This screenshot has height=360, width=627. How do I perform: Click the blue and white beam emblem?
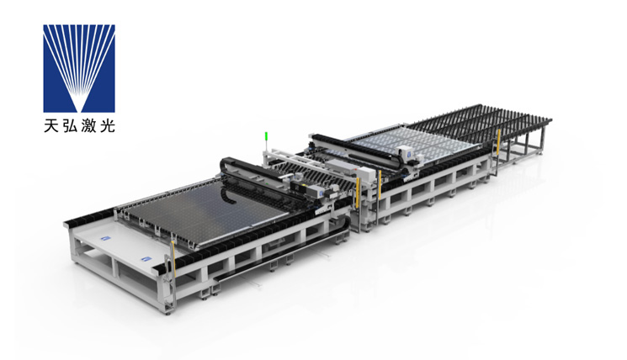click(79, 68)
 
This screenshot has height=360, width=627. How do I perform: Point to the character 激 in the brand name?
click(88, 126)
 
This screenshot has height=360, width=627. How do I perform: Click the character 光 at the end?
click(107, 126)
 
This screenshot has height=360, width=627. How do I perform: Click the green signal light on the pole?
click(265, 136)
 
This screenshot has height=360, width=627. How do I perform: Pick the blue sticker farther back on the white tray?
click(105, 238)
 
